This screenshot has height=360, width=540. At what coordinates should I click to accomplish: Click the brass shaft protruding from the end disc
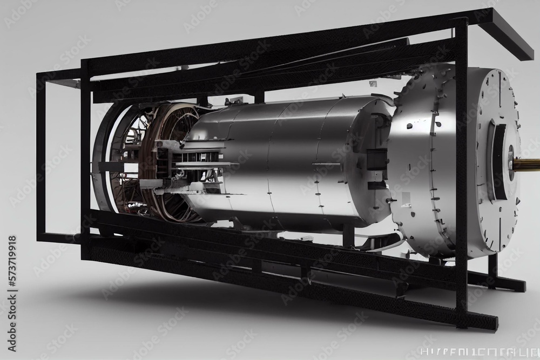526,163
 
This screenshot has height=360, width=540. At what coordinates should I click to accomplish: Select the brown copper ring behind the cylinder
162,162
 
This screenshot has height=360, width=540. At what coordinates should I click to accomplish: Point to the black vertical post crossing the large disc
461,162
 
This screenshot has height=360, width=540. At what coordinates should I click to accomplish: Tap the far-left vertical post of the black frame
40,157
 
